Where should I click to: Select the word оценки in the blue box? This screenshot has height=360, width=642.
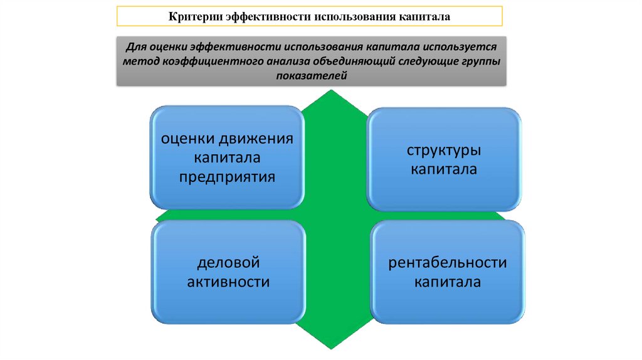[x=187, y=138]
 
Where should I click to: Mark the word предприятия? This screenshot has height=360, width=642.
[x=227, y=177]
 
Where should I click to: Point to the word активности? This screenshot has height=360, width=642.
[x=228, y=282]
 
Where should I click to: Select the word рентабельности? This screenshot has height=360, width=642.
[x=447, y=262]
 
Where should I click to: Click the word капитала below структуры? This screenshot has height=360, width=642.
[x=444, y=170]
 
